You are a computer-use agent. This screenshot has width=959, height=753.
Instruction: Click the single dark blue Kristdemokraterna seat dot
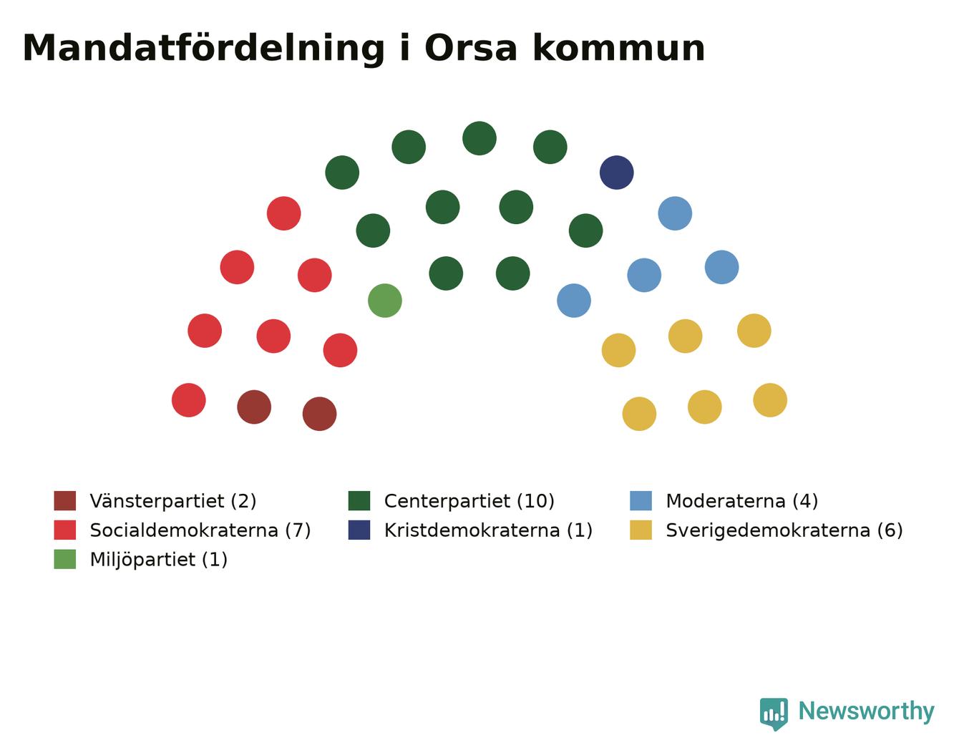[x=616, y=173]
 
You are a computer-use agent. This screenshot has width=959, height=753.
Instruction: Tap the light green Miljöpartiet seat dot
[x=385, y=301]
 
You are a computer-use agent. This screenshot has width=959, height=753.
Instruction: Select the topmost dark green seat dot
[x=479, y=138]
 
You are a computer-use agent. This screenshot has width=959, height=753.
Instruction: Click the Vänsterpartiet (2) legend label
[x=173, y=501]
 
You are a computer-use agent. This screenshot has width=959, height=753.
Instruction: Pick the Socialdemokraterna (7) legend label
[x=200, y=530]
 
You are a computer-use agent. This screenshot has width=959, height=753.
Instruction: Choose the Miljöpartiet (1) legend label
[x=159, y=560]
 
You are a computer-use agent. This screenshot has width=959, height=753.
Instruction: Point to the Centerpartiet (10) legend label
[x=469, y=501]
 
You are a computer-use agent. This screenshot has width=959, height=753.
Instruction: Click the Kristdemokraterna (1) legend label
[x=488, y=530]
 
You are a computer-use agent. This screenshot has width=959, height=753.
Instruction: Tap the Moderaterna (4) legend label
[x=742, y=501]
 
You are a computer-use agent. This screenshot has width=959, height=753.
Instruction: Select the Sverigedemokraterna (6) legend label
[x=784, y=530]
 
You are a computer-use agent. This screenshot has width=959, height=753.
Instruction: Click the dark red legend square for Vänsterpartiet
[x=65, y=501]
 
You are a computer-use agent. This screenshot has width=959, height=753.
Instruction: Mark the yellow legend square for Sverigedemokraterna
[x=641, y=530]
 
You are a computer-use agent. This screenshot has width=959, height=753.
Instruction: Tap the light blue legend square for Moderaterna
[x=641, y=501]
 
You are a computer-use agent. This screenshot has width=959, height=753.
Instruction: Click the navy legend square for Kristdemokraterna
[x=359, y=530]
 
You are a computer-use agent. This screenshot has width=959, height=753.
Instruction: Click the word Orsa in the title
[x=470, y=48]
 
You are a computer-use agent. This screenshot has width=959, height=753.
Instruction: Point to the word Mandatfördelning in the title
[x=203, y=49]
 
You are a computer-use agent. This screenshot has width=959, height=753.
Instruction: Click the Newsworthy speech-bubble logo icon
[x=774, y=714]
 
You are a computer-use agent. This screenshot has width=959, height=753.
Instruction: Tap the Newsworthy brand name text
[x=867, y=711]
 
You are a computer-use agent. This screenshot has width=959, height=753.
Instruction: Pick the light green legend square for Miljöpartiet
[x=65, y=559]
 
